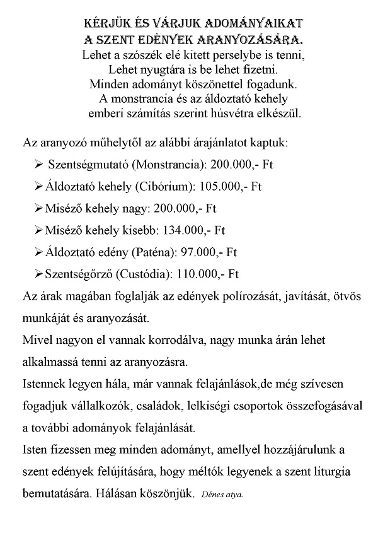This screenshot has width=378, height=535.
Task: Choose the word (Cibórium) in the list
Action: coord(164,186)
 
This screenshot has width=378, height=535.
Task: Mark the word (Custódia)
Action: coord(150,274)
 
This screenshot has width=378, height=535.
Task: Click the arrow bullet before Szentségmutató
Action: coord(39,165)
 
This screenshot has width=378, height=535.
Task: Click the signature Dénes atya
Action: coord(224,495)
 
